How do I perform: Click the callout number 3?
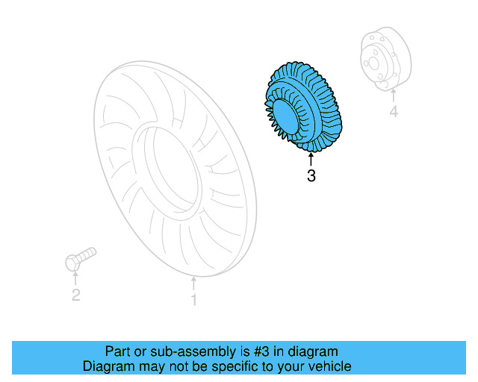[311, 177]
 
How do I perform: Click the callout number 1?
[193, 300]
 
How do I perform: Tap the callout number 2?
[75, 296]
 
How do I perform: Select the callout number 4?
[393, 113]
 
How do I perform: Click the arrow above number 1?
[193, 283]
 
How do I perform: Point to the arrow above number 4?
[393, 96]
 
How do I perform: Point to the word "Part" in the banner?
[117, 351]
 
